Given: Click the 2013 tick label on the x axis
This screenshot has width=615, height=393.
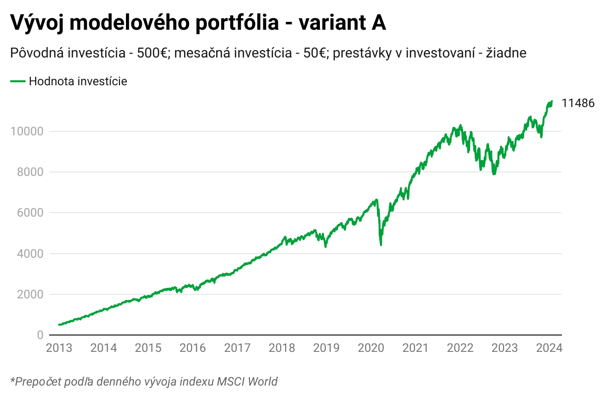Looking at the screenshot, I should pyautogui.click(x=59, y=348).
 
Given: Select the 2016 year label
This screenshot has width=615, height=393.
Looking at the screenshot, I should pyautogui.click(x=193, y=348).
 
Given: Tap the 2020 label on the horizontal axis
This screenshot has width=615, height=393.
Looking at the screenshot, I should pyautogui.click(x=371, y=348).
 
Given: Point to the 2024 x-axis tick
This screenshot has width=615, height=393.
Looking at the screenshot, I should pyautogui.click(x=549, y=348).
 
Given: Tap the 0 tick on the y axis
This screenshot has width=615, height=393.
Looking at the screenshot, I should pyautogui.click(x=40, y=335).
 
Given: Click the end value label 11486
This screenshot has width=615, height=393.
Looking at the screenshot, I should pyautogui.click(x=578, y=103).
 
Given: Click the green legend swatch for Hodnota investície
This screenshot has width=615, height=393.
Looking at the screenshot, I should pyautogui.click(x=17, y=81).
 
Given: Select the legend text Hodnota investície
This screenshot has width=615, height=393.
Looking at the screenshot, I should pyautogui.click(x=78, y=81).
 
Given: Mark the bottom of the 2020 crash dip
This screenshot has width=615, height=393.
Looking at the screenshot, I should pyautogui.click(x=380, y=244).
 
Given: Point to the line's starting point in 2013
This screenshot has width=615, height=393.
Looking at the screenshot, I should pyautogui.click(x=59, y=325).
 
